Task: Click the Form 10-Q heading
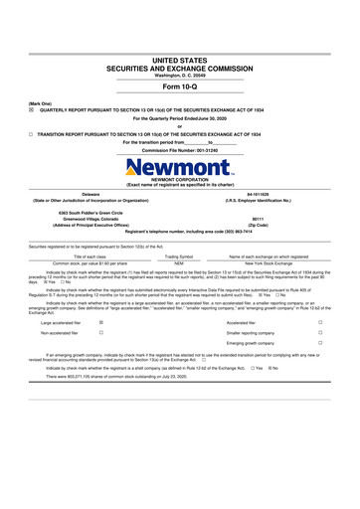180,86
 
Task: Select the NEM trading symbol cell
179,262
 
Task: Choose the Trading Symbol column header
179,255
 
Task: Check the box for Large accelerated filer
102,323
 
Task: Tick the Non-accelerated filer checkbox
102,334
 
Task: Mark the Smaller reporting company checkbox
319,334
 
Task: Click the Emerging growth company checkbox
319,345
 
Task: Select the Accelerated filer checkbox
319,323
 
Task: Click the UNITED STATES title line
180,61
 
